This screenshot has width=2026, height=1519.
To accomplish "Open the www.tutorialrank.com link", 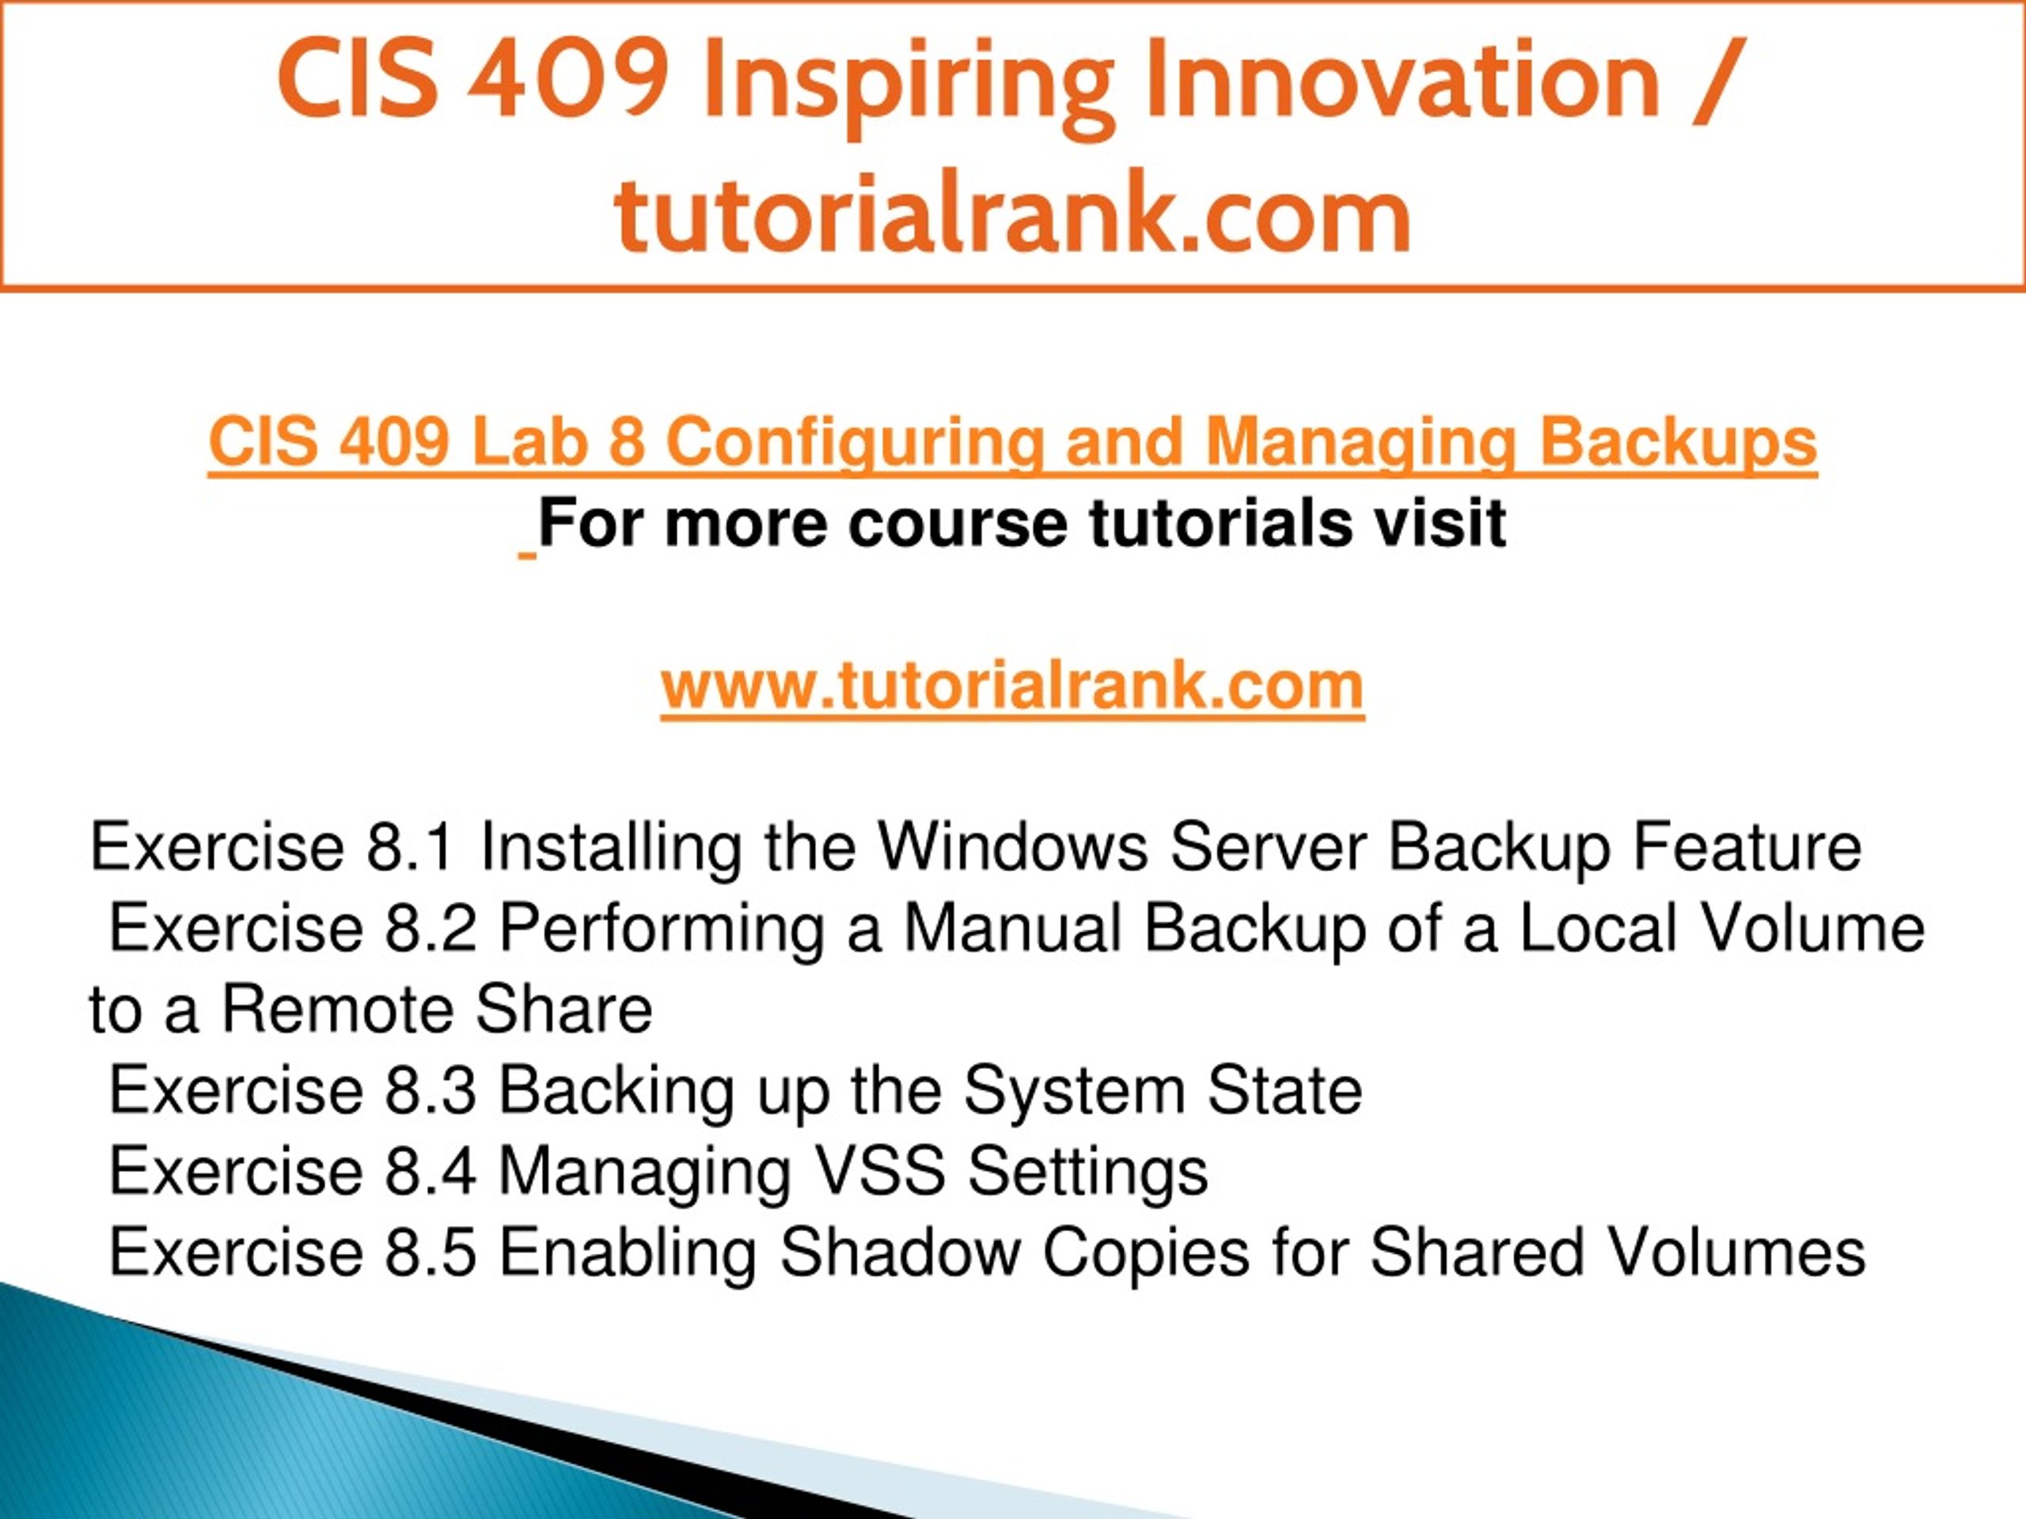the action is pos(1012,687).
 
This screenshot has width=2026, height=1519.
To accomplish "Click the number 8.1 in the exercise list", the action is pos(410,847).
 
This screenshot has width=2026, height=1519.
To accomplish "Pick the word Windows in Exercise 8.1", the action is pos(1013,847).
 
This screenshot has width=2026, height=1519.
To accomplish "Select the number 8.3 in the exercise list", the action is pos(430,1090).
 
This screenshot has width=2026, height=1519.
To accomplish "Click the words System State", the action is pos(1163,1090).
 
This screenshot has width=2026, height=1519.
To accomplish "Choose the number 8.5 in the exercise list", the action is pos(430,1252).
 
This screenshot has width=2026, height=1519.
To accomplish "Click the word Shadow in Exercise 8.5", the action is pos(899,1252).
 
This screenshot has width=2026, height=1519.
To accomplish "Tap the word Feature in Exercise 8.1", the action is pos(1748,847).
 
